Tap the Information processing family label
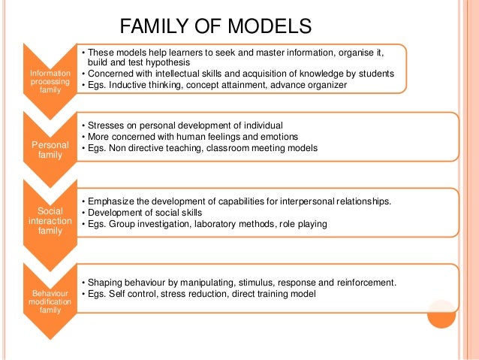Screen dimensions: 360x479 50,78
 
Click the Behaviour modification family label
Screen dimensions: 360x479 50,300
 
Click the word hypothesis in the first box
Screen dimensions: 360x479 170,63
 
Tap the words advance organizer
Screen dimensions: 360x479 309,85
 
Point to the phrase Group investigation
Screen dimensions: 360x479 152,225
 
